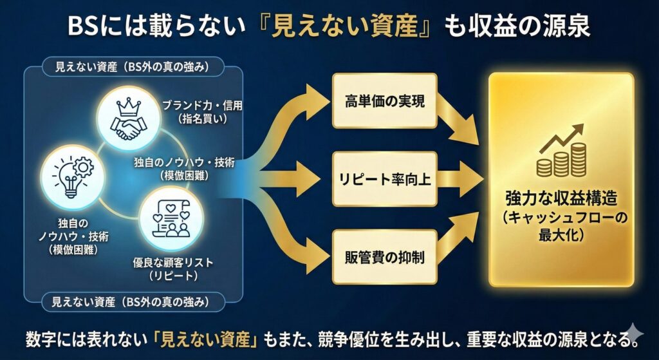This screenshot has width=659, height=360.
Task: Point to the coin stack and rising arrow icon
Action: (562, 153)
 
